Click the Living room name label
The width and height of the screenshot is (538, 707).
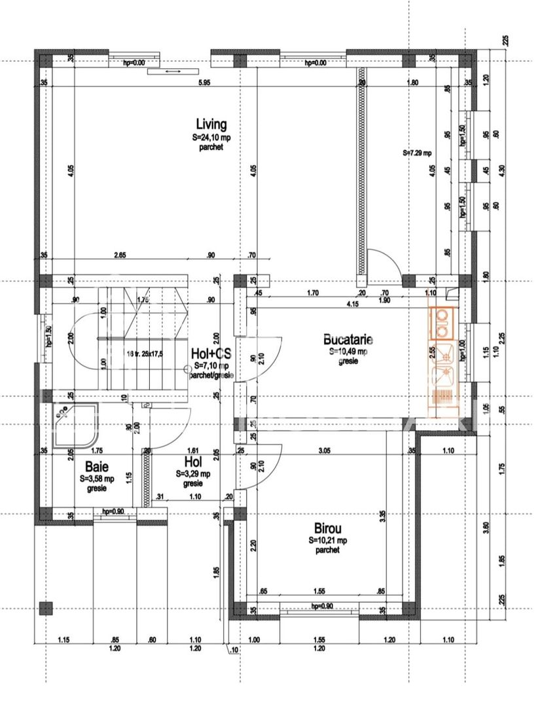[x=211, y=124]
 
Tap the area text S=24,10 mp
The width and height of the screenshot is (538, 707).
[x=211, y=138]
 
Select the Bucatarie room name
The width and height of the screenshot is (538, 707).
[x=348, y=340]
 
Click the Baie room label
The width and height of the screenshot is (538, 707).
[x=98, y=467]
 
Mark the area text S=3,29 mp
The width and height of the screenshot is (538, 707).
[x=193, y=474]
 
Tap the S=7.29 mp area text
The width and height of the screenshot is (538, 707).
[x=418, y=153]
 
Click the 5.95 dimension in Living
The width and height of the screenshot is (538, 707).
[x=204, y=82]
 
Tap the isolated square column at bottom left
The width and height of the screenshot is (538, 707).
[x=45, y=607]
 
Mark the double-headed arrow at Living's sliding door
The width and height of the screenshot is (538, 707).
[x=173, y=71]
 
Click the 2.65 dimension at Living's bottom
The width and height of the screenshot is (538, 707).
[x=119, y=255]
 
